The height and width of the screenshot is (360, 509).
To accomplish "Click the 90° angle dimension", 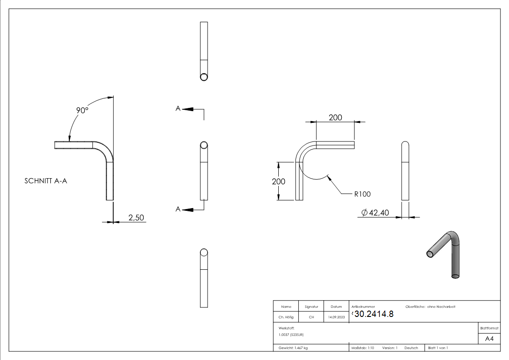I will [82, 110].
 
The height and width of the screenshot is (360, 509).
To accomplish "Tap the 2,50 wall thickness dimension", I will [136, 218].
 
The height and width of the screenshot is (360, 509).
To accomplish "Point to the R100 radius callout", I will [362, 194].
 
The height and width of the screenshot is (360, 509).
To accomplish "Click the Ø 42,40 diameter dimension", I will [375, 213].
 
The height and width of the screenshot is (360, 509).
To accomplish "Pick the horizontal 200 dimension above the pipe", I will [335, 117].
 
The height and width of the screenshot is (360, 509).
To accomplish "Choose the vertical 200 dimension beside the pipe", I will [278, 181].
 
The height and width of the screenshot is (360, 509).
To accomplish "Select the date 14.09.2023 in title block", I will [336, 317].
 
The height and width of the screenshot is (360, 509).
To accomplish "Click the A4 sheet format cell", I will [489, 339].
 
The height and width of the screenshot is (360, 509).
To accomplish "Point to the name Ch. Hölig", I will [286, 317].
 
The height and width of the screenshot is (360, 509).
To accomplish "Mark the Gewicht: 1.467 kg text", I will [293, 348].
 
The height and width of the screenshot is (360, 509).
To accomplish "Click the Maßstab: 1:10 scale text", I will [363, 348].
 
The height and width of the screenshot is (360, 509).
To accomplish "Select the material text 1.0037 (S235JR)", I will [291, 335].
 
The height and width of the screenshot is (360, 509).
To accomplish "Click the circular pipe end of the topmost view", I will [204, 77].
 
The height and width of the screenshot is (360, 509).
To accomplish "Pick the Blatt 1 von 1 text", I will [438, 348].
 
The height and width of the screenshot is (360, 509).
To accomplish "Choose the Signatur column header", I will [311, 307].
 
